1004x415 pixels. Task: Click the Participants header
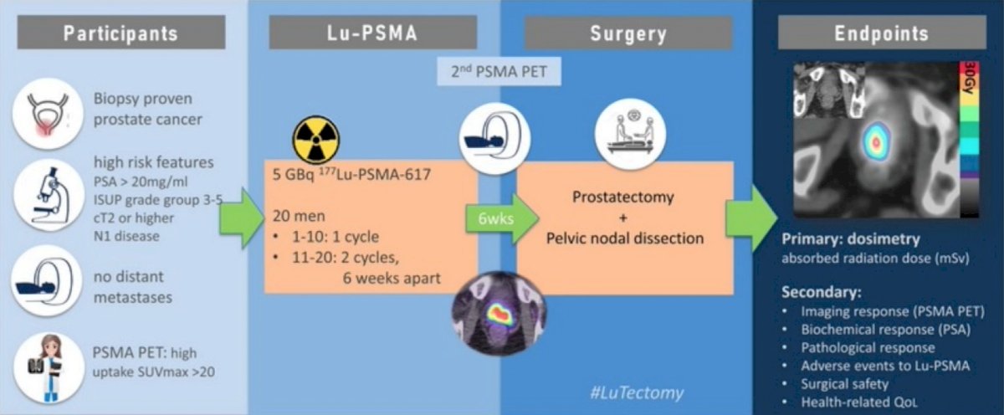[121, 33]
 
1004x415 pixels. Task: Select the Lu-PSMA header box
[373, 33]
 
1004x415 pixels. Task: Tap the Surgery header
[628, 33]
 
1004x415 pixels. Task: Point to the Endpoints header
[882, 33]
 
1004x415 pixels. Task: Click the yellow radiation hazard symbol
[316, 140]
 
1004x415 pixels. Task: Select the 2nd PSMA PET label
[499, 71]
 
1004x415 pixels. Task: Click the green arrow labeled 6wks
[502, 218]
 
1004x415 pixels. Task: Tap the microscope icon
[49, 195]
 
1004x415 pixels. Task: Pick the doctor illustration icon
[49, 367]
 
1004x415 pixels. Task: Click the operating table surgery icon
[630, 134]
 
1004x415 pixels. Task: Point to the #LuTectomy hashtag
[637, 392]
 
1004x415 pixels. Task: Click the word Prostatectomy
[623, 197]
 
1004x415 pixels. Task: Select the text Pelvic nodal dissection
[625, 238]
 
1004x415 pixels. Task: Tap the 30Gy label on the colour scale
[971, 78]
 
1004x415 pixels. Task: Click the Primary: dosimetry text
[851, 238]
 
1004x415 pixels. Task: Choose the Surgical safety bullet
[844, 384]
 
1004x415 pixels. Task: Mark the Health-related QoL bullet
[859, 402]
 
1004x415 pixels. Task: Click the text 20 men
[299, 216]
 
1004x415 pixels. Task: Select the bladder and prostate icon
[48, 114]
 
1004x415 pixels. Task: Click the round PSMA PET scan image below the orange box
[499, 314]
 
